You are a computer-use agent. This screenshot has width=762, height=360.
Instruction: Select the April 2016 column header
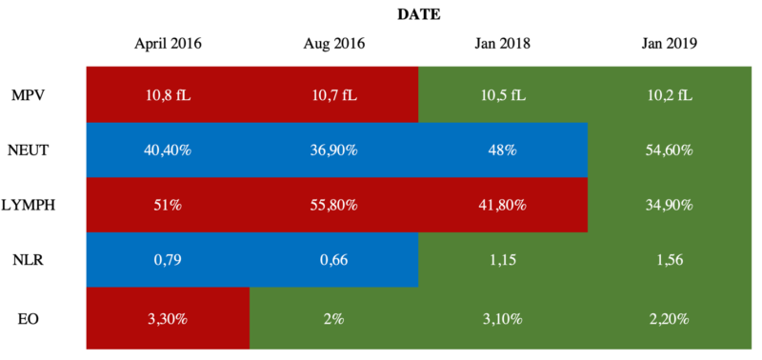pyautogui.click(x=168, y=44)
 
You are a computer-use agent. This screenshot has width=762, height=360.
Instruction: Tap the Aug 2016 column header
pyautogui.click(x=333, y=44)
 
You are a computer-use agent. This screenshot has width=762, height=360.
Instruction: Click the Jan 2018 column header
pyautogui.click(x=503, y=44)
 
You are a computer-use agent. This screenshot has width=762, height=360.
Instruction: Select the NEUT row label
pyautogui.click(x=29, y=150)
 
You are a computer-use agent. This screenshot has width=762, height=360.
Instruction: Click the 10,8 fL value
pyautogui.click(x=168, y=95)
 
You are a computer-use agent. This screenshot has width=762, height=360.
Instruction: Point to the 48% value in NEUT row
pyautogui.click(x=503, y=150)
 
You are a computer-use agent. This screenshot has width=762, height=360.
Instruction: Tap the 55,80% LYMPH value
pyautogui.click(x=333, y=204)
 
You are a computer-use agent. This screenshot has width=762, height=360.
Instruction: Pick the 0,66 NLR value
pyautogui.click(x=333, y=258)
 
